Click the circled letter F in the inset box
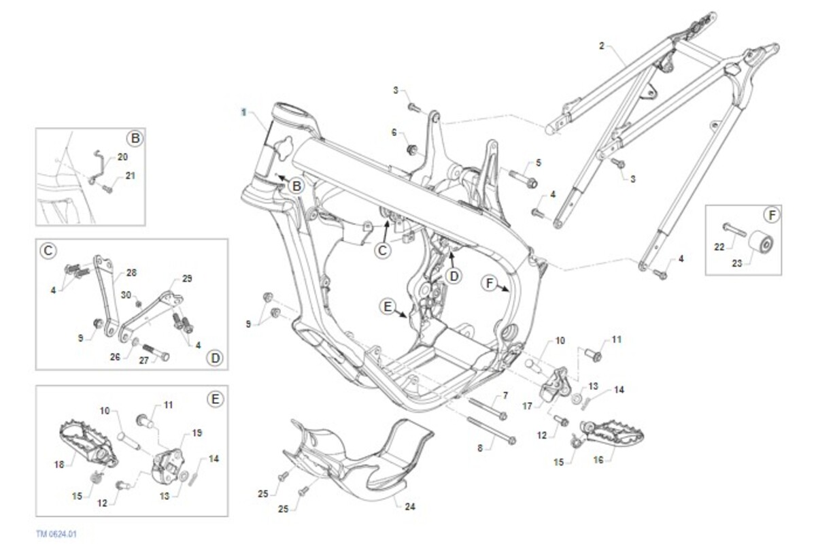coord(770,216)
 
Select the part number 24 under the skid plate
coord(409,506)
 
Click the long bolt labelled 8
coord(490,431)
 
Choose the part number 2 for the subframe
coord(602,46)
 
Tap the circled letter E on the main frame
coord(388,307)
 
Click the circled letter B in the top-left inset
coord(135,139)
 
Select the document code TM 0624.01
coord(56,534)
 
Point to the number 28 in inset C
coord(131,272)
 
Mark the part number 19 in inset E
coord(197,433)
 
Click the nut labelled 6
coord(411,149)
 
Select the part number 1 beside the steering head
coord(243,110)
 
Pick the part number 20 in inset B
coord(122,156)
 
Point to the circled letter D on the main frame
coord(453,275)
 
